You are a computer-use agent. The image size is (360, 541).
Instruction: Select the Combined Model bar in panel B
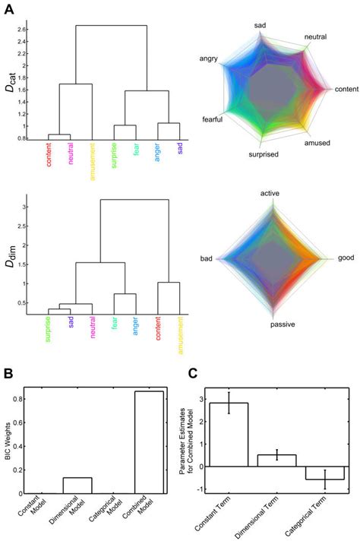pyautogui.click(x=149, y=442)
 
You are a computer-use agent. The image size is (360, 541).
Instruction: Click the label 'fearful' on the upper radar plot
pyautogui.click(x=205, y=119)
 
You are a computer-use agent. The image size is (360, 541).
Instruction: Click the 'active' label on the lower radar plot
pyautogui.click(x=271, y=194)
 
